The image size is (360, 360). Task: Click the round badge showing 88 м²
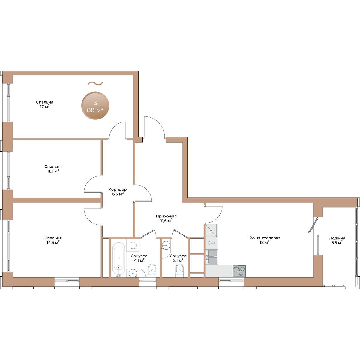click(95, 106)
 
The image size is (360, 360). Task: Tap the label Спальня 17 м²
click(45, 104)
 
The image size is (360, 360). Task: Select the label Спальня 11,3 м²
click(53, 169)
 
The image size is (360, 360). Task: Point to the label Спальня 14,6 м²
click(53, 240)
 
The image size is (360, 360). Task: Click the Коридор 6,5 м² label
click(118, 192)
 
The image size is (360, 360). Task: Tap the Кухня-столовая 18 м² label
click(264, 240)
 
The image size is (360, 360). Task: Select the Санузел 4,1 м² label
click(139, 258)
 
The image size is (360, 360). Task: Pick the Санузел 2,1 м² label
click(178, 258)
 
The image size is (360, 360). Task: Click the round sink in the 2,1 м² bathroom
click(166, 245)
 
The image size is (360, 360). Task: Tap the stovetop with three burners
click(239, 271)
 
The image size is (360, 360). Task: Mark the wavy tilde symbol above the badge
click(95, 83)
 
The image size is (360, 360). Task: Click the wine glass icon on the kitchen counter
click(212, 243)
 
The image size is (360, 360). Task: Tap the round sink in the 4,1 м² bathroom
click(133, 273)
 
